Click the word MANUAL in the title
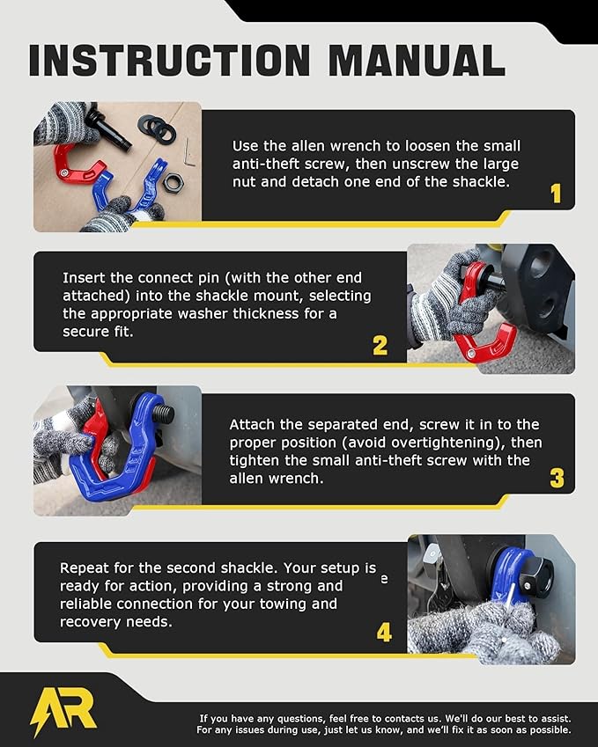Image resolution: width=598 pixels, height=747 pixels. click(412, 60)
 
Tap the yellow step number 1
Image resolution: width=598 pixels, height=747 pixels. click(555, 193)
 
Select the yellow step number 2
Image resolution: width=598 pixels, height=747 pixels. click(380, 345)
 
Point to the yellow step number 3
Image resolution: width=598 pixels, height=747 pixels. click(557, 478)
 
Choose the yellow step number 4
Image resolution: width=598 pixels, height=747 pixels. click(384, 632)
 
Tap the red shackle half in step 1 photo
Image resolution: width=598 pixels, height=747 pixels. click(71, 164)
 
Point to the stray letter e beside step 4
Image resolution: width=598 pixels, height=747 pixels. click(383, 580)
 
